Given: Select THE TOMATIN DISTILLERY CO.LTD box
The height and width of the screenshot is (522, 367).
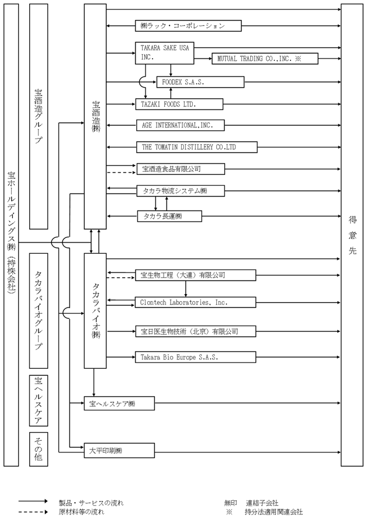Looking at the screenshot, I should pos(196,147).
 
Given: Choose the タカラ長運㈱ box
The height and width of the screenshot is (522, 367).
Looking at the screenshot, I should pos(169,216).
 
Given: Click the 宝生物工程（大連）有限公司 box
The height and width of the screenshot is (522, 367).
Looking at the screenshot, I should pos(196,275).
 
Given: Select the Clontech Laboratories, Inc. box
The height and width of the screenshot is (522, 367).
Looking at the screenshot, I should pos(196,302).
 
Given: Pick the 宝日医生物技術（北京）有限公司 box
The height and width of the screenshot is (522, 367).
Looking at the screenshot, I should pos(196,331).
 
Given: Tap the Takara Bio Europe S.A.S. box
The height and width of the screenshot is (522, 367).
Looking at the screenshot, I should pos(196,357).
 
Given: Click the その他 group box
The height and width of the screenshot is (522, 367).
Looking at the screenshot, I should pos(38,448).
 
